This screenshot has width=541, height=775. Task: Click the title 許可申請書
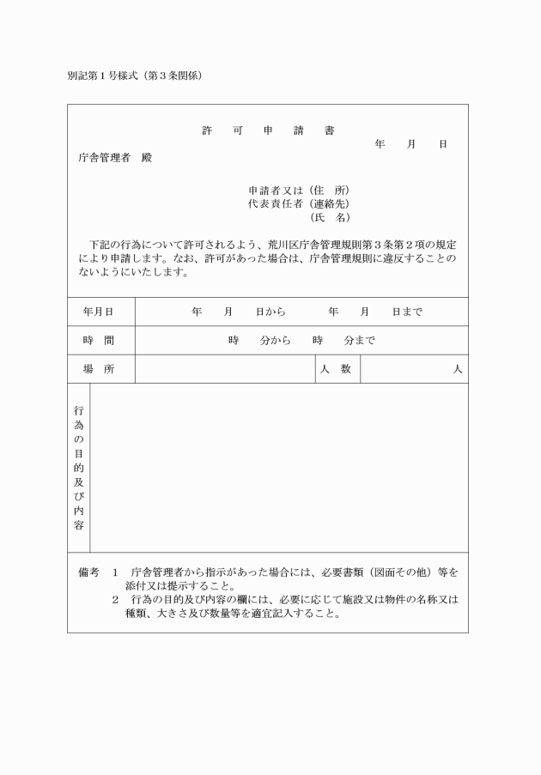pos(268,131)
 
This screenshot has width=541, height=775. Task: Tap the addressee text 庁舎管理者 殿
pos(114,158)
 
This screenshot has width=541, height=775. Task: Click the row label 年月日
pos(98,312)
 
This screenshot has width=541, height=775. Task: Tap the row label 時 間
pos(98,341)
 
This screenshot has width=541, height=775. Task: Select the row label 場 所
pos(98,369)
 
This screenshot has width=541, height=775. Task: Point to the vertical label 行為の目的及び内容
pos(78,467)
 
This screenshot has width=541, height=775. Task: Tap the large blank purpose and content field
pos(278,467)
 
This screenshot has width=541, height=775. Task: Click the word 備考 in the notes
pos(89,572)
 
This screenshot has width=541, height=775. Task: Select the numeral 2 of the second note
pos(115,600)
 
